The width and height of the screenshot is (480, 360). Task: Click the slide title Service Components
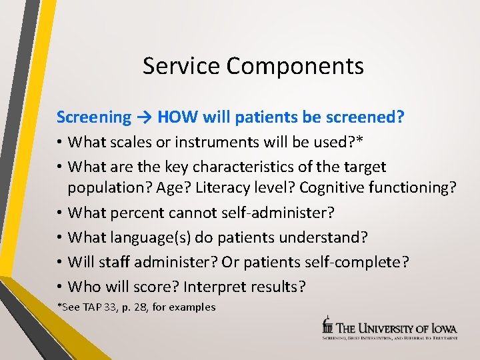[253, 66]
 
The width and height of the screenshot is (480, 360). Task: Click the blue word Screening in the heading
[94, 117]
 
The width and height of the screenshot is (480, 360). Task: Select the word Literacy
[215, 188]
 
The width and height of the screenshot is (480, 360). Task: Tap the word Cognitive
[331, 188]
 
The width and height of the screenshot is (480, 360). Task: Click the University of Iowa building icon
[327, 325]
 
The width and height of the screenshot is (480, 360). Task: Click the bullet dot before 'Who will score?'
[60, 287]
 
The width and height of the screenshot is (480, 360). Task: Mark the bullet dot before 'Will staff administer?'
[60, 262]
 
